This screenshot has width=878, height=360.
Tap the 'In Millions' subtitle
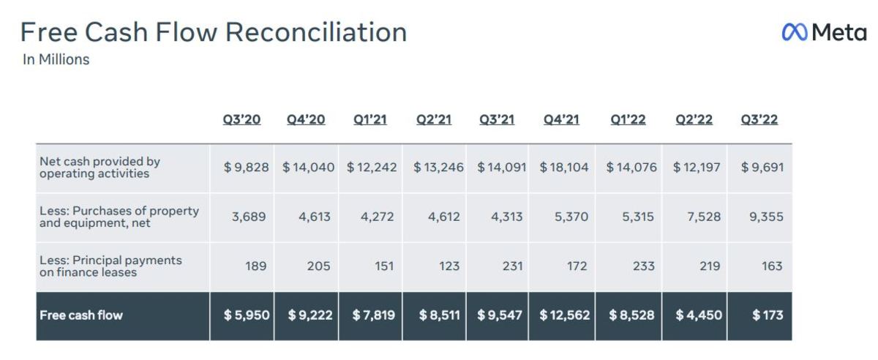(x=56, y=60)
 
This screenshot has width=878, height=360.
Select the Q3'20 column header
(x=241, y=119)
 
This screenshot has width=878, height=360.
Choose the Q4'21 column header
(x=562, y=119)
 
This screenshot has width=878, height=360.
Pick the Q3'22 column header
(x=759, y=119)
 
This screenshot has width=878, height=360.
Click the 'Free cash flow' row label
(x=81, y=315)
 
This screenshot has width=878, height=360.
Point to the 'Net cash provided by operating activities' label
(x=100, y=167)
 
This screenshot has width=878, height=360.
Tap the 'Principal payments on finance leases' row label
(x=110, y=266)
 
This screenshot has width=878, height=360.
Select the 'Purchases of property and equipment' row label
(x=119, y=217)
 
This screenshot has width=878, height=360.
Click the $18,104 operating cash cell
(x=564, y=168)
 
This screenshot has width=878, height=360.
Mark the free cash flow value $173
(x=768, y=315)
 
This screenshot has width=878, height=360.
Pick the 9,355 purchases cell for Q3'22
(x=765, y=217)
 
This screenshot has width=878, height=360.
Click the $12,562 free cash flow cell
(x=564, y=315)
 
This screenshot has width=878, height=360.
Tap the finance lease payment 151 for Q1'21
(x=383, y=266)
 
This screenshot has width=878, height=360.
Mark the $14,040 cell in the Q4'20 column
(x=308, y=168)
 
